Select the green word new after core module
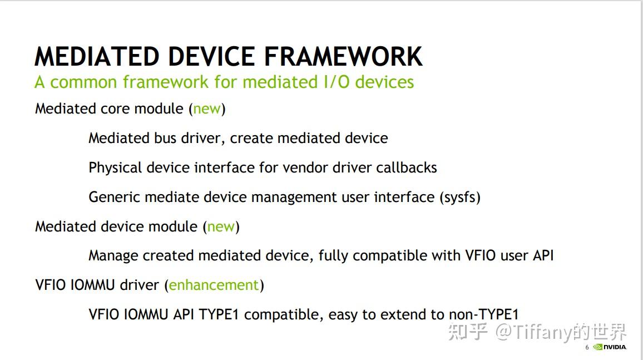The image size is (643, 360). [x=207, y=109]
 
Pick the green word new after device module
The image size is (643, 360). [x=221, y=226]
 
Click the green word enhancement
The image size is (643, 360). [x=214, y=285]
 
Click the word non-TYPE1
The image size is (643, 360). [x=484, y=314]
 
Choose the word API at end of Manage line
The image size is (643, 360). [x=542, y=255]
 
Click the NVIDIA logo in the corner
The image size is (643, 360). [x=610, y=347]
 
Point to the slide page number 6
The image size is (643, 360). [x=587, y=348]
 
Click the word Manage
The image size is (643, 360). [x=113, y=255]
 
